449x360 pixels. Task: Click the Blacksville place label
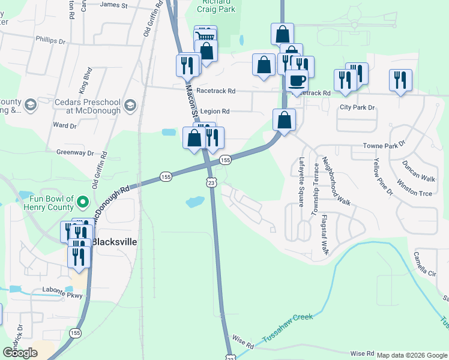(x=114, y=242)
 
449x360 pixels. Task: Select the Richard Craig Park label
(x=209, y=7)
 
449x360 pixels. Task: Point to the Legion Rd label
(x=215, y=111)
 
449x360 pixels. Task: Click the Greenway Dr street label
(x=76, y=153)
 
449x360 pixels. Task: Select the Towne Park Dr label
(x=385, y=146)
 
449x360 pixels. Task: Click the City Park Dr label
(x=357, y=107)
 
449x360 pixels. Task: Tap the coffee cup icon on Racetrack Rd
(x=296, y=80)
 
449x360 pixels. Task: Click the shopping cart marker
(x=205, y=36)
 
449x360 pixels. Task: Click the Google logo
(x=20, y=352)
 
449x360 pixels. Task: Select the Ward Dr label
(x=65, y=125)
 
